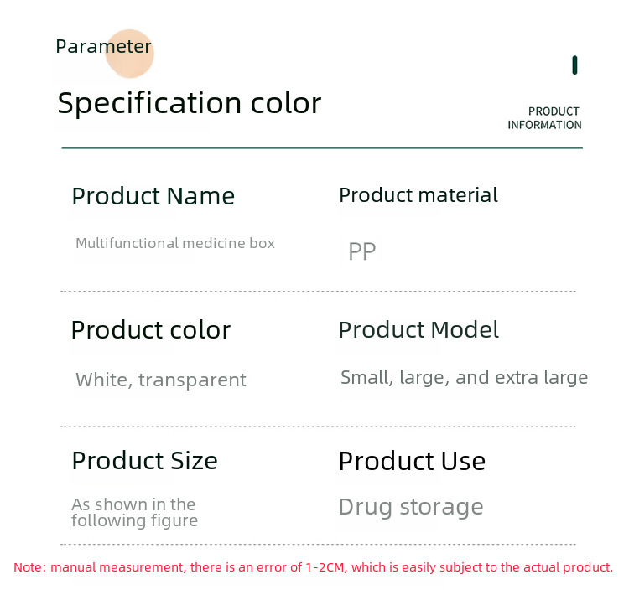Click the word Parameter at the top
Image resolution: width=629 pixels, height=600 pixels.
pos(103,46)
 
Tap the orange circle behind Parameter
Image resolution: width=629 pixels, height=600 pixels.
pos(129,54)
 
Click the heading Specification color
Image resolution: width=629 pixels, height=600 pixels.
pos(190,104)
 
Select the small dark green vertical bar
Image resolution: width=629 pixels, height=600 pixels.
pos(574,65)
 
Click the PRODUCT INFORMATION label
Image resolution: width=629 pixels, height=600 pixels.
pos(545,118)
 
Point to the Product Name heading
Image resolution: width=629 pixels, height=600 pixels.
pos(153,196)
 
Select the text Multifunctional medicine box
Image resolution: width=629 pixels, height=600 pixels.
pos(175,243)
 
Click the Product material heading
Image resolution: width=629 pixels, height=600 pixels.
pos(418,195)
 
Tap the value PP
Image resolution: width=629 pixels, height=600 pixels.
pos(362,251)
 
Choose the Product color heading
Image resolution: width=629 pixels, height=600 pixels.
pos(151,330)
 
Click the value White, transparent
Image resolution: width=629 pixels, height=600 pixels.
pos(161,380)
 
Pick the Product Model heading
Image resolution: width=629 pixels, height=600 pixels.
pos(418,330)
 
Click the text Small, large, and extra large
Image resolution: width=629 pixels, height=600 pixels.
pos(464,378)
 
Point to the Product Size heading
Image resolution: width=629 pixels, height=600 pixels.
pos(145,461)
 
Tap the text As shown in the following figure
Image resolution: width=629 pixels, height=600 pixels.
pos(134,513)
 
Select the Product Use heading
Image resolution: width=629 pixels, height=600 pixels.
pos(412,461)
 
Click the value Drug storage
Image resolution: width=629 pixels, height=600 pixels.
pos(411,508)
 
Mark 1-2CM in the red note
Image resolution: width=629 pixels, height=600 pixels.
pos(325,567)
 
